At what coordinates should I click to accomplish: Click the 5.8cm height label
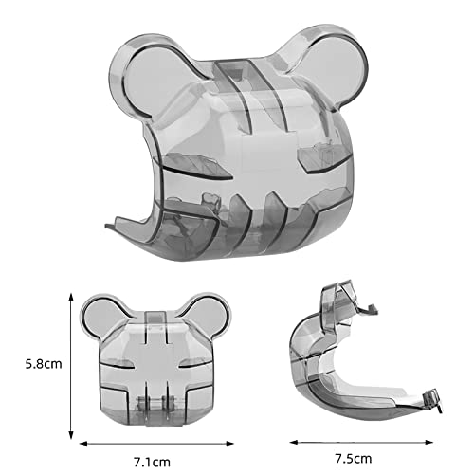[44, 364]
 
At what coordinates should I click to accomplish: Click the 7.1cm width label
[152, 463]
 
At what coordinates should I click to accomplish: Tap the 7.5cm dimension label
[354, 458]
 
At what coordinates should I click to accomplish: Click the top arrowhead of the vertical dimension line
[71, 297]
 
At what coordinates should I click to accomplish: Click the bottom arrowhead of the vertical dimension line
[71, 435]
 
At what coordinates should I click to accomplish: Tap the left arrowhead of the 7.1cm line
[82, 444]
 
